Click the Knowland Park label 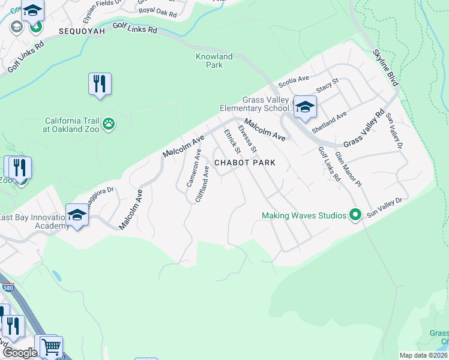tap(214, 61)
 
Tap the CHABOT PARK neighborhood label tap(245, 163)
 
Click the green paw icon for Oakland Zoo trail tap(109, 124)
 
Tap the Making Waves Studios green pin tap(355, 215)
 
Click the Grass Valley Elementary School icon tap(305, 107)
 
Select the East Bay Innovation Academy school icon tap(77, 215)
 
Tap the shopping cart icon tap(51, 346)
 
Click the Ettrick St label tap(232, 141)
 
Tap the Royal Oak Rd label tap(157, 11)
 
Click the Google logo tap(20, 353)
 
